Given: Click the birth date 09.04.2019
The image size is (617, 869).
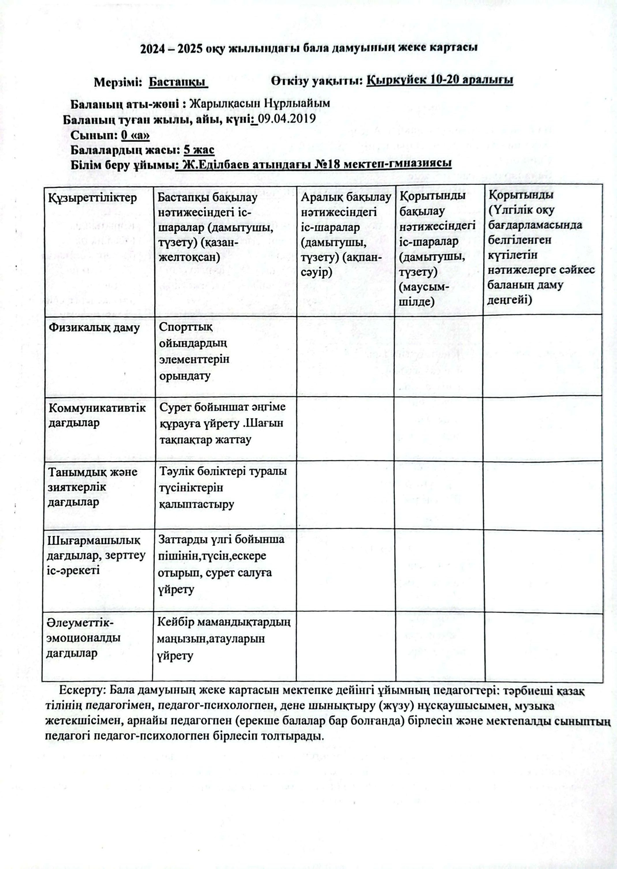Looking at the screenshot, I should (x=287, y=119).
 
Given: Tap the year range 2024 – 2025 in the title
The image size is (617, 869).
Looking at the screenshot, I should (x=172, y=49).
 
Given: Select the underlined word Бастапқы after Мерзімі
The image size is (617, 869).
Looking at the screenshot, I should (x=177, y=82).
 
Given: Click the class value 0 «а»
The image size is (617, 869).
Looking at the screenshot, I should (x=135, y=135).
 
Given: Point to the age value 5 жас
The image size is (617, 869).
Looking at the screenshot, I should (x=199, y=150).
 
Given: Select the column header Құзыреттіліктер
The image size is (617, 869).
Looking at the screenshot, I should (x=92, y=198).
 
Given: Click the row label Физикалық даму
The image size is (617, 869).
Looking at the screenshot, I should (x=94, y=328).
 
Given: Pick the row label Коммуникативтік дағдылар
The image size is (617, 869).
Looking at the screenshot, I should (x=97, y=415).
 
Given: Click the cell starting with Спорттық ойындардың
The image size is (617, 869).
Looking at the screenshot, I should (x=194, y=351).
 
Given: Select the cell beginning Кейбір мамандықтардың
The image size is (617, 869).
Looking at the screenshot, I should (x=224, y=639).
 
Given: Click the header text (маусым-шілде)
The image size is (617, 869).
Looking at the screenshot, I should (x=423, y=294).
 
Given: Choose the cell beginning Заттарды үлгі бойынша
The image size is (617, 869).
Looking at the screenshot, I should (x=221, y=564).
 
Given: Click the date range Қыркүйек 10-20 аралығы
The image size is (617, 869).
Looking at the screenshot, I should (x=440, y=80).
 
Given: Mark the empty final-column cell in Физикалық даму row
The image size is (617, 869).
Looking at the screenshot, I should (x=542, y=355).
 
